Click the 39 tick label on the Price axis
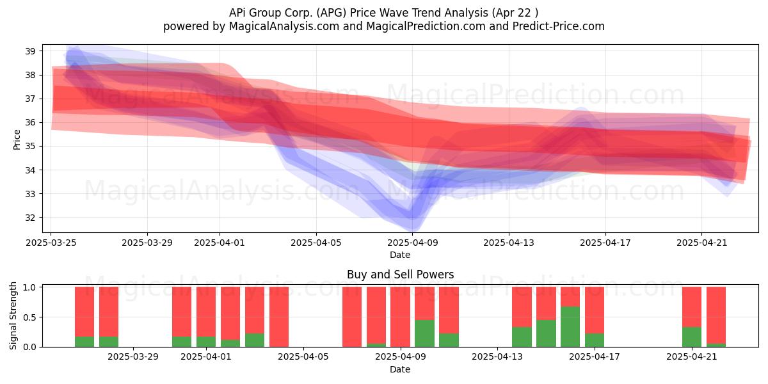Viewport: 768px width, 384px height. (x=30, y=51)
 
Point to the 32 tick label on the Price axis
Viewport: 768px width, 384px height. (x=30, y=218)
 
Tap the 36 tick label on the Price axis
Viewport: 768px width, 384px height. (x=30, y=123)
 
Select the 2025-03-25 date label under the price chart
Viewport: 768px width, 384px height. (x=51, y=243)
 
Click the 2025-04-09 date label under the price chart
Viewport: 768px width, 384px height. (x=412, y=243)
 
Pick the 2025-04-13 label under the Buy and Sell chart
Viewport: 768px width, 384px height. (x=497, y=357)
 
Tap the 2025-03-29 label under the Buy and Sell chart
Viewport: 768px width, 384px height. (x=133, y=357)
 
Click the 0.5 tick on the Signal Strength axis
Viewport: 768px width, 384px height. (x=29, y=317)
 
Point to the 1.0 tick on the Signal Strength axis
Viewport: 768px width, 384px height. (x=29, y=287)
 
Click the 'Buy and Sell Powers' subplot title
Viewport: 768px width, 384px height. (x=400, y=275)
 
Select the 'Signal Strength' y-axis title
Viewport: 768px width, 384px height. (x=13, y=316)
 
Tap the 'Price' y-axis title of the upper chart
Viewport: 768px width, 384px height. (x=17, y=140)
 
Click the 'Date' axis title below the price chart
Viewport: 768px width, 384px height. (x=400, y=255)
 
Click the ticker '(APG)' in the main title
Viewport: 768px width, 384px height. (x=332, y=13)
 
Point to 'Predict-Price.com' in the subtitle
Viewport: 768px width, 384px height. (x=559, y=26)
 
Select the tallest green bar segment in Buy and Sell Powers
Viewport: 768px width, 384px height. (x=570, y=327)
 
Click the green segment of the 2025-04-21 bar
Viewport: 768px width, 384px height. (x=692, y=337)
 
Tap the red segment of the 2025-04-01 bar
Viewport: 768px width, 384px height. (x=206, y=312)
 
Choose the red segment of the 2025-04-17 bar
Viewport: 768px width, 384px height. (x=595, y=310)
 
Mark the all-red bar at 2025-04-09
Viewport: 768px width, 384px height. (x=400, y=317)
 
